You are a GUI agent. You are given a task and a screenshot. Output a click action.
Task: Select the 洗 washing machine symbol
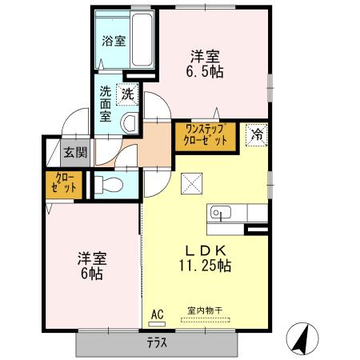(128, 94)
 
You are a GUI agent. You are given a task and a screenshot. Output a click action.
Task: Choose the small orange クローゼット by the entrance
(65, 183)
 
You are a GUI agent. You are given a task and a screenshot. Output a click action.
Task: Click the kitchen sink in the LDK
(220, 213)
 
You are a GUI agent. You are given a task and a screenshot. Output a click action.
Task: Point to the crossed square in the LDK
(193, 185)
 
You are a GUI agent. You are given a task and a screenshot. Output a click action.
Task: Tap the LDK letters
(205, 249)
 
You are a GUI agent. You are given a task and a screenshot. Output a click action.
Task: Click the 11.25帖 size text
(206, 266)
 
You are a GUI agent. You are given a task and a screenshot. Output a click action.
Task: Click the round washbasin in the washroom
(130, 122)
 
